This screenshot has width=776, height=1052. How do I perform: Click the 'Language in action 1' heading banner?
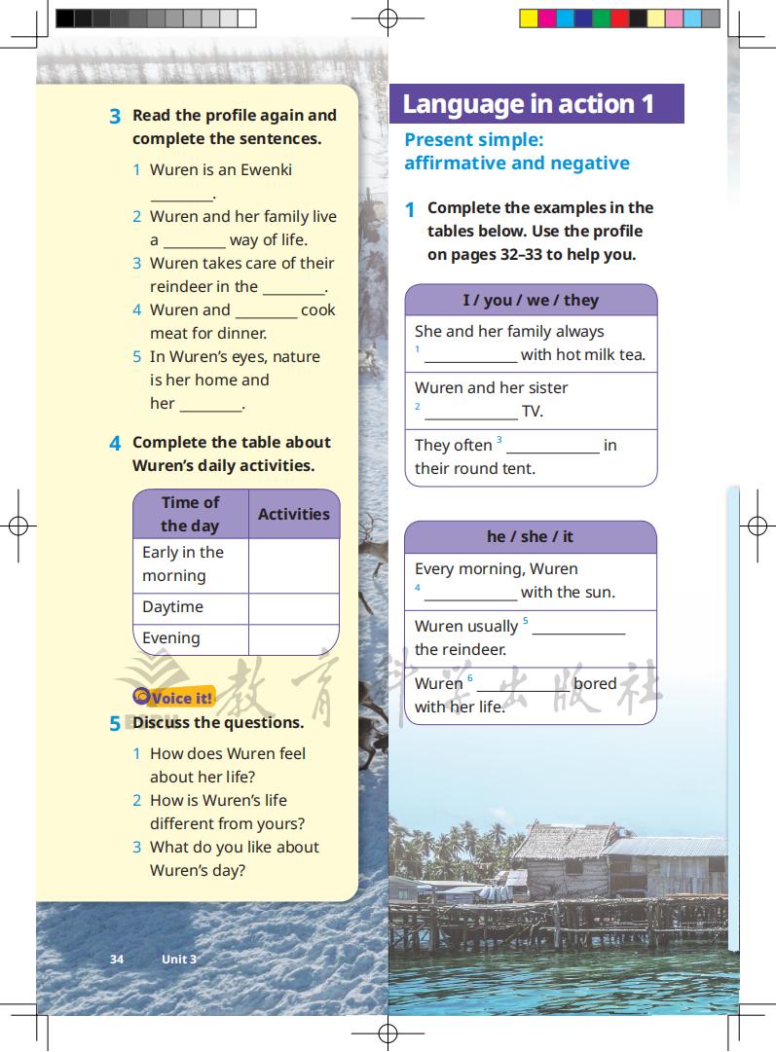coord(536,104)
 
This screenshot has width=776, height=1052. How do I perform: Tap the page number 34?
coord(117,959)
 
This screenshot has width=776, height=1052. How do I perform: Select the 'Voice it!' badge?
coord(174,697)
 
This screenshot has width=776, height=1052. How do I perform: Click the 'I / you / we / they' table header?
coord(531,300)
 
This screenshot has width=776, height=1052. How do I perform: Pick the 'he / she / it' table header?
coord(531,536)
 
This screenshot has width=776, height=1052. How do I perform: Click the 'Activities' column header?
coord(293,514)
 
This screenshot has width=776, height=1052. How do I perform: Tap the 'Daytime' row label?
coord(173,606)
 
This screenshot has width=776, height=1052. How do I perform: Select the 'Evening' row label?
coord(171,638)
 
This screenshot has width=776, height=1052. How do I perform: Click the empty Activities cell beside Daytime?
coord(293,607)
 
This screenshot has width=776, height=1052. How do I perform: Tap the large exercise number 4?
coord(115,444)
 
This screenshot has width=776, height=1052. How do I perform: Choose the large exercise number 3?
coord(115,117)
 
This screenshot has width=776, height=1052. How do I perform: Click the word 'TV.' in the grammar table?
coord(533,411)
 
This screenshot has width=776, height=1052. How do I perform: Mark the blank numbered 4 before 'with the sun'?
coord(470,594)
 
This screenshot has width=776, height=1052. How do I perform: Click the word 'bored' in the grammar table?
coord(595,683)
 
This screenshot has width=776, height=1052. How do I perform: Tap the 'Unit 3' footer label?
coord(179,959)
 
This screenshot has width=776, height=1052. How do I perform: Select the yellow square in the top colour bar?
coord(529,18)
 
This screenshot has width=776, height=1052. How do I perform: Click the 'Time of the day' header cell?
coord(190,514)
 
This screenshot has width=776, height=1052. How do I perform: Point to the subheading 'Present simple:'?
coord(474,139)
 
